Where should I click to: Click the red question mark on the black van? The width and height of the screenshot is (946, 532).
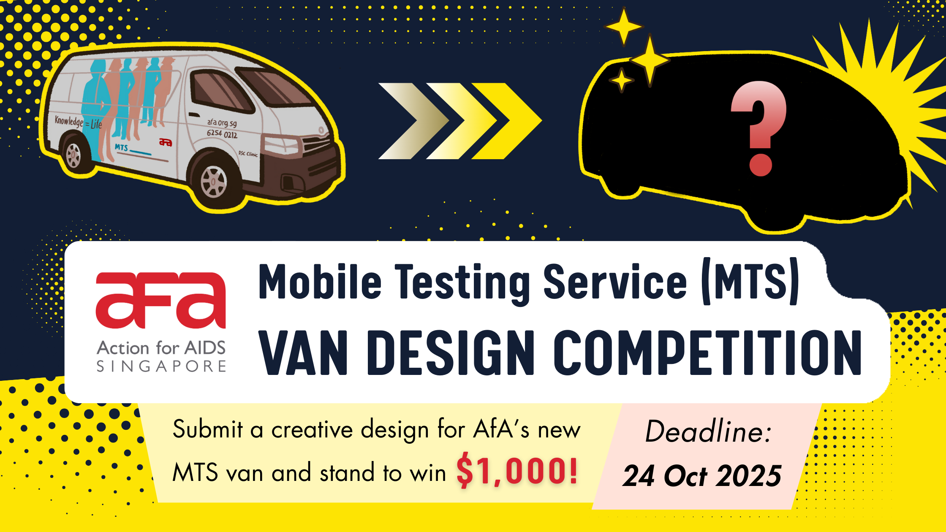click(x=759, y=128)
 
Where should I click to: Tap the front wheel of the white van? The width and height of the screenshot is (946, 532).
click(x=214, y=182)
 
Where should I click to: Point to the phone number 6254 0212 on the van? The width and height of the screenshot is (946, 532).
click(x=222, y=134)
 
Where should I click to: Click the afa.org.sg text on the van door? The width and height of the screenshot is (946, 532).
click(x=222, y=123)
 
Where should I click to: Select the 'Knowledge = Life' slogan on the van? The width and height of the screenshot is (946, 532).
click(x=78, y=122)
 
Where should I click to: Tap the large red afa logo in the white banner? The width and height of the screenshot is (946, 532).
click(x=161, y=300)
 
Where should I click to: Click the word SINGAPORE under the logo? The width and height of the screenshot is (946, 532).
click(x=161, y=366)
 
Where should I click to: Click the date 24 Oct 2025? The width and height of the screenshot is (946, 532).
click(x=702, y=476)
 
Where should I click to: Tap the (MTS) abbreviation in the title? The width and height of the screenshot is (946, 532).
click(x=750, y=281)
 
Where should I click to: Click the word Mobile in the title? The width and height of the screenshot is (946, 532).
click(x=320, y=281)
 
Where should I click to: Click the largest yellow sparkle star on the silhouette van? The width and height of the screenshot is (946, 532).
click(x=650, y=60)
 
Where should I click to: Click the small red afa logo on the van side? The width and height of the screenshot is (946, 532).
click(x=166, y=142)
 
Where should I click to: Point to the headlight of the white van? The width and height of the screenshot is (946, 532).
click(x=280, y=145)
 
